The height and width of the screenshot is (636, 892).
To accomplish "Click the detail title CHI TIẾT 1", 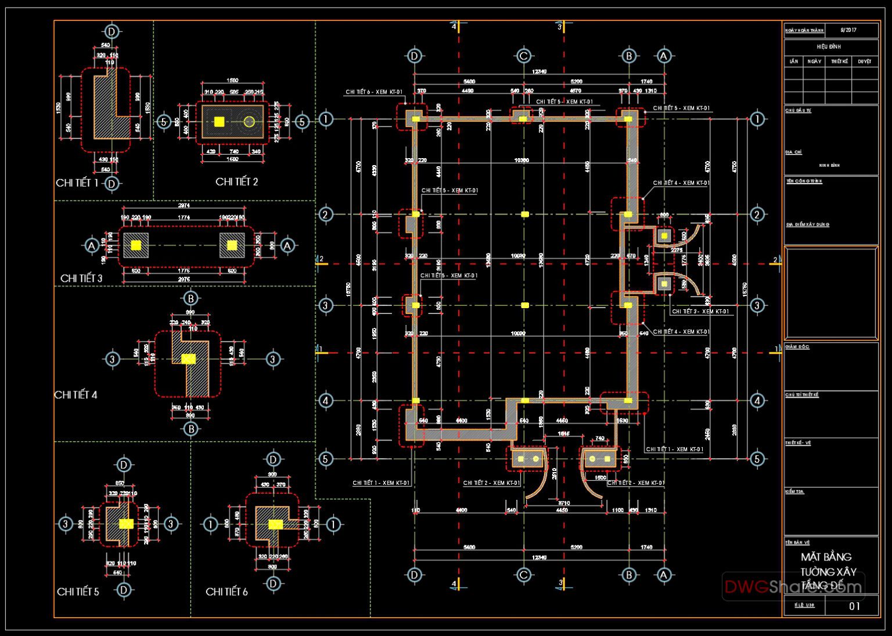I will point(77,183).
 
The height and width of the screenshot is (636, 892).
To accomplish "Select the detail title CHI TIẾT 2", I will point(236,182).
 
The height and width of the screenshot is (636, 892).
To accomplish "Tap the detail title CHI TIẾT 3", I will point(81,278).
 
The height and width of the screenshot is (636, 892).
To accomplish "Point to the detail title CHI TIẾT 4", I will point(76,395).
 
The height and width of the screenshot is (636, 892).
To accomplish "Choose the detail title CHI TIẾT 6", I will point(226,592).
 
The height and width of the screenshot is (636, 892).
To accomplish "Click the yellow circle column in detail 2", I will point(249,122).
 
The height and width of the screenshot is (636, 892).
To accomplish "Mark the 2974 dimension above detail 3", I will point(184,205).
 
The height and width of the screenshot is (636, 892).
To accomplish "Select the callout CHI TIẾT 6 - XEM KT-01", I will point(374,92).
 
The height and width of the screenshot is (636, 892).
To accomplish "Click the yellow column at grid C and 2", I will point(525,215).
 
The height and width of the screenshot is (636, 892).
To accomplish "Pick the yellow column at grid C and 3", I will point(525,305).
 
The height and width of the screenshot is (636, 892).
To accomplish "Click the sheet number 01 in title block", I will point(854,606).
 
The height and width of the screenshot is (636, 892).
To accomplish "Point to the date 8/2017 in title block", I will point(848,30).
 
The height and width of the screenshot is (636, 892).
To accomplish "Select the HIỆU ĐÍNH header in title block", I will point(829,47).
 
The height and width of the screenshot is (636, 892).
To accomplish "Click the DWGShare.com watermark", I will point(793,587).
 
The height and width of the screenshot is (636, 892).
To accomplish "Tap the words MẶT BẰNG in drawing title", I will point(826,557).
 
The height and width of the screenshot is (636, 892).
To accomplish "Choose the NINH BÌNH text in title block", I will point(829,166).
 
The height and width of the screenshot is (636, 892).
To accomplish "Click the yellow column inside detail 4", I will point(188,359).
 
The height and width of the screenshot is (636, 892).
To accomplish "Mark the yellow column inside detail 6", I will point(275,524).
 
